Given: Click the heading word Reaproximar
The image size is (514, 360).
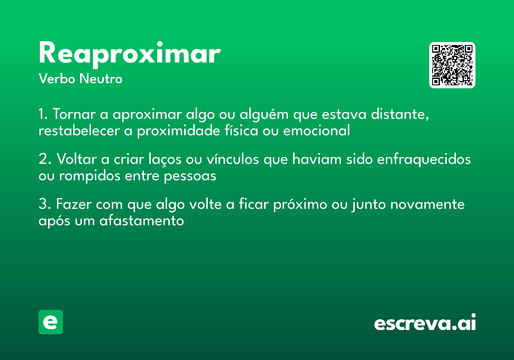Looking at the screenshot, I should [x=129, y=54].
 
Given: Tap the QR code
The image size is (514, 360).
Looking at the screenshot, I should [x=452, y=65].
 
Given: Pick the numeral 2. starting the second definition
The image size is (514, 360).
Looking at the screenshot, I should [x=44, y=159].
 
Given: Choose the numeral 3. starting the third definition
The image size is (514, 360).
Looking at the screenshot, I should [x=44, y=204].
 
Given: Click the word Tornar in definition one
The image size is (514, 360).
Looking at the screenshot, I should [x=74, y=115].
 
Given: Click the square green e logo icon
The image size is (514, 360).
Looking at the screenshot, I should [x=51, y=322].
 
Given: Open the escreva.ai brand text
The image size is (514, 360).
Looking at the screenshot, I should [x=425, y=323].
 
